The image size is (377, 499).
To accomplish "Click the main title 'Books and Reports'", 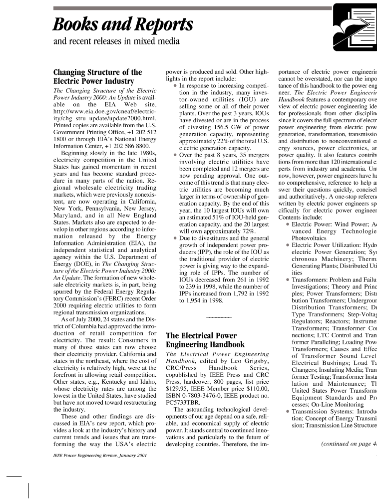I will (123, 23).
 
